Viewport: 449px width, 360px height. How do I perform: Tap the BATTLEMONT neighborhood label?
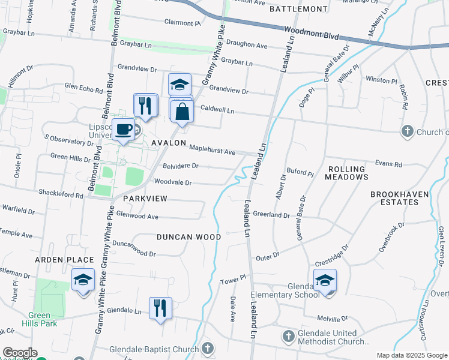299,9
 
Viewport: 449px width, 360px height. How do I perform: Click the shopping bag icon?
181,112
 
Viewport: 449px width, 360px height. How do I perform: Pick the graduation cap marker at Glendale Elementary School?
325,280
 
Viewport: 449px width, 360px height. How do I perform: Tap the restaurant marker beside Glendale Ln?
160,308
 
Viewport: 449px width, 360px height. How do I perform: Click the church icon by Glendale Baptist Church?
208,348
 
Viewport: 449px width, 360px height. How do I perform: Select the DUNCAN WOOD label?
188,237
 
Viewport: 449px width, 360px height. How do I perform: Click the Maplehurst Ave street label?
212,149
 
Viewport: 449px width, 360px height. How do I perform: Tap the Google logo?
19,353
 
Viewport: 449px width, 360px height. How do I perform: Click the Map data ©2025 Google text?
412,355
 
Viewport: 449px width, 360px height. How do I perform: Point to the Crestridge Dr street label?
332,256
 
